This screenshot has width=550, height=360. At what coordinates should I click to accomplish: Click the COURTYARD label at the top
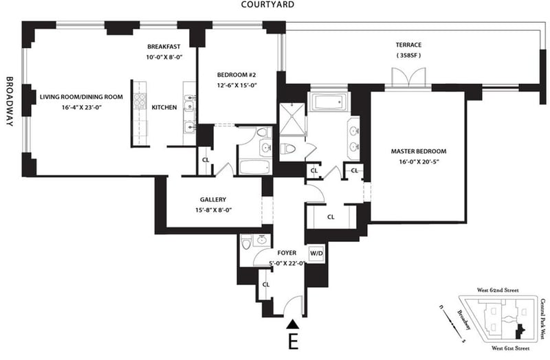pos(267,5)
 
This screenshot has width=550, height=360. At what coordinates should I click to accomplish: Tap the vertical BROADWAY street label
pos(10,101)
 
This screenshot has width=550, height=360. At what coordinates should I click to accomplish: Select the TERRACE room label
pos(408,45)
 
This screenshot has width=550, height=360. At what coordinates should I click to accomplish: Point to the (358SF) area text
pos(408,56)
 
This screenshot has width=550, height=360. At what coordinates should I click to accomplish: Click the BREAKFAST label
pos(164,47)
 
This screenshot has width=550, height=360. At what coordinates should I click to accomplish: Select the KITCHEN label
pos(164,108)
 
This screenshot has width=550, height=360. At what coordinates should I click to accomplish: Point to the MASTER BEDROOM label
pos(419,151)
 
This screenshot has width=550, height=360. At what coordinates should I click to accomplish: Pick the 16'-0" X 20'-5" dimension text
pos(419,162)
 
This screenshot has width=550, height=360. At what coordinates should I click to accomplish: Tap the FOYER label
pos(287,253)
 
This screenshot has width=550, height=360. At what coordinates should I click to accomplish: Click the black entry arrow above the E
pos(292,324)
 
